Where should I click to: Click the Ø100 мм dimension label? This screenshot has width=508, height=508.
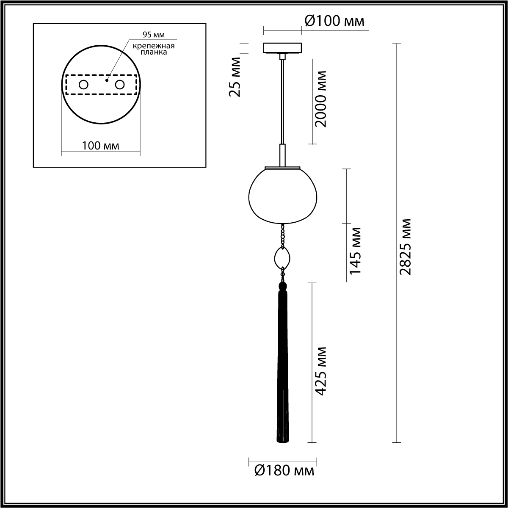click(334, 21)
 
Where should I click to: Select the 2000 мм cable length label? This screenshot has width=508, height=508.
click(321, 99)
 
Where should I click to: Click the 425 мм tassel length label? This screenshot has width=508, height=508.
click(321, 371)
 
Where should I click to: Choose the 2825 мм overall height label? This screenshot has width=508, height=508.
click(406, 247)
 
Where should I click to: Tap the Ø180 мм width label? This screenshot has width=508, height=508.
click(284, 470)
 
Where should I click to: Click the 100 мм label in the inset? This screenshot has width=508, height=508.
click(101, 146)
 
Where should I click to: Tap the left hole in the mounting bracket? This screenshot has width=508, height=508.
click(83, 85)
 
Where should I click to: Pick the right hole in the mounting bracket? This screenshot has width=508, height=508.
click(120, 85)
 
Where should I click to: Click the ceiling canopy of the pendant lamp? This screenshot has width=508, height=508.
click(282, 47)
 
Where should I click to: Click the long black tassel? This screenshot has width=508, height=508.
click(282, 368)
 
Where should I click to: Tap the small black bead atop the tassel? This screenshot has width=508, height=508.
click(282, 286)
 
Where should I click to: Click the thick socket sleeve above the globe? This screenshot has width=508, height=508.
click(282, 154)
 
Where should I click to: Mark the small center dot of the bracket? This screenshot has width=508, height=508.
click(107, 78)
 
